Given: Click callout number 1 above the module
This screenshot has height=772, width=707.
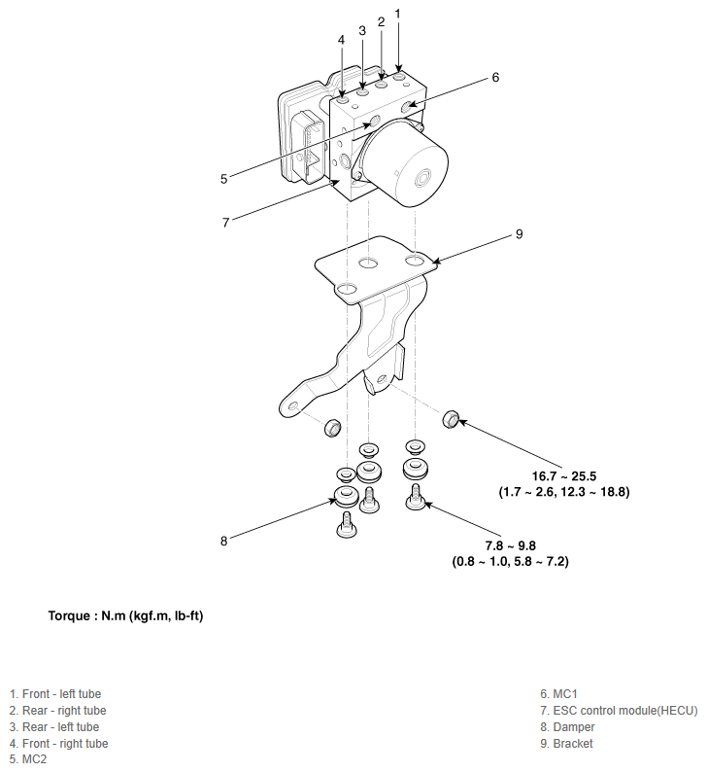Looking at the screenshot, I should coord(397,13).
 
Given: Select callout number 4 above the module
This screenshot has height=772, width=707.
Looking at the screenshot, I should coord(341,40).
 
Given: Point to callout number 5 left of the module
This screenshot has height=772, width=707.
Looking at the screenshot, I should coord(223,179).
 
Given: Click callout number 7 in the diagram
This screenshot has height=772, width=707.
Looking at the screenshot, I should coord(225,222).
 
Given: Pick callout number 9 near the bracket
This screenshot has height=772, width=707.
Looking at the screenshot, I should coord(519,234).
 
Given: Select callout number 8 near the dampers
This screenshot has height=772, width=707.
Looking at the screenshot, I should coord(223,542).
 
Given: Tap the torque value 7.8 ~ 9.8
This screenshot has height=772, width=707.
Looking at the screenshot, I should coord(510,545).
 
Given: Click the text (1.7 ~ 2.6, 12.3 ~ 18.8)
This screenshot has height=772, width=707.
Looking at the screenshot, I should coord(563,493).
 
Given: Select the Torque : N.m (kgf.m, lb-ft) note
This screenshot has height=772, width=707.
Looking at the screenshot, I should coord(125,616).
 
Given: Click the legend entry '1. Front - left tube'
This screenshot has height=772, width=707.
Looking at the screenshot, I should coord(55,694).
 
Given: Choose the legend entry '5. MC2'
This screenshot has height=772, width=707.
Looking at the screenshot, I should coord(28,760).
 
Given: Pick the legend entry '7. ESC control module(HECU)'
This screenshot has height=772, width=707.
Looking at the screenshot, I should coord(619,711).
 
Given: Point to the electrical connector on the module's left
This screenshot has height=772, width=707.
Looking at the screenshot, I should coord(310,146).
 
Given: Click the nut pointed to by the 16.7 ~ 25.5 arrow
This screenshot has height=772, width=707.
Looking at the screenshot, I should coord(451,419).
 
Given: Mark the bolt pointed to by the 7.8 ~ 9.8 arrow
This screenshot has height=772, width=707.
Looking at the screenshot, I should coord(416,499).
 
